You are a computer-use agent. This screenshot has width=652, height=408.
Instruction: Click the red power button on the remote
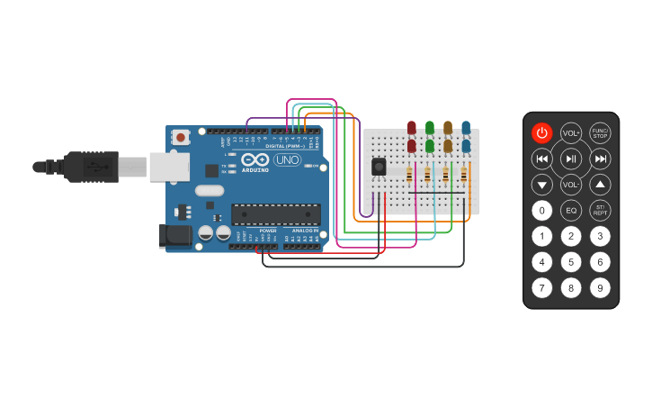pyautogui.click(x=541, y=133)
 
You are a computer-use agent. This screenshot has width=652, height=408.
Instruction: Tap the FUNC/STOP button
pyautogui.click(x=600, y=133)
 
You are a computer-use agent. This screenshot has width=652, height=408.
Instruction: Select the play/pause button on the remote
pyautogui.click(x=571, y=159)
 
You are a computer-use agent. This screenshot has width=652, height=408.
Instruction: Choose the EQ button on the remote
pyautogui.click(x=571, y=211)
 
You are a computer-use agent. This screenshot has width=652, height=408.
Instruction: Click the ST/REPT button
pyautogui.click(x=600, y=211)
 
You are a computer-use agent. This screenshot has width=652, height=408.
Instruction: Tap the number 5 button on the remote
pyautogui.click(x=571, y=262)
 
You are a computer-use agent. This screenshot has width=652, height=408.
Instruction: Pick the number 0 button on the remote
pyautogui.click(x=541, y=211)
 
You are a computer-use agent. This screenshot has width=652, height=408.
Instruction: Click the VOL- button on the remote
pyautogui.click(x=571, y=185)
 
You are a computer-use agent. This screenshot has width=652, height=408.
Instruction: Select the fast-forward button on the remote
pyautogui.click(x=600, y=159)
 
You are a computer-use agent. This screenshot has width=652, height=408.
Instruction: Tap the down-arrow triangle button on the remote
pyautogui.click(x=541, y=185)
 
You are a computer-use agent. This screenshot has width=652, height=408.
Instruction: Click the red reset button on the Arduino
pyautogui.click(x=181, y=138)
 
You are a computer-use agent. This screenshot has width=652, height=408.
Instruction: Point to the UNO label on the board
pyautogui.click(x=287, y=160)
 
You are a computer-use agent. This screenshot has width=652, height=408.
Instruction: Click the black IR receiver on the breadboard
pyautogui.click(x=379, y=168)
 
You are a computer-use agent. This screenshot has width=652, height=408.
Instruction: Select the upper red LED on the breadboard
pyautogui.click(x=412, y=128)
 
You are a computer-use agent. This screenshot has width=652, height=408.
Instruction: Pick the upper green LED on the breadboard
pyautogui.click(x=430, y=128)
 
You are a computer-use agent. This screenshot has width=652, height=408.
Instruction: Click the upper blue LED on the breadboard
pyautogui.click(x=466, y=128)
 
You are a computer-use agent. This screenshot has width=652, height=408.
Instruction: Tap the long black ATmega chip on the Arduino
pyautogui.click(x=276, y=214)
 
